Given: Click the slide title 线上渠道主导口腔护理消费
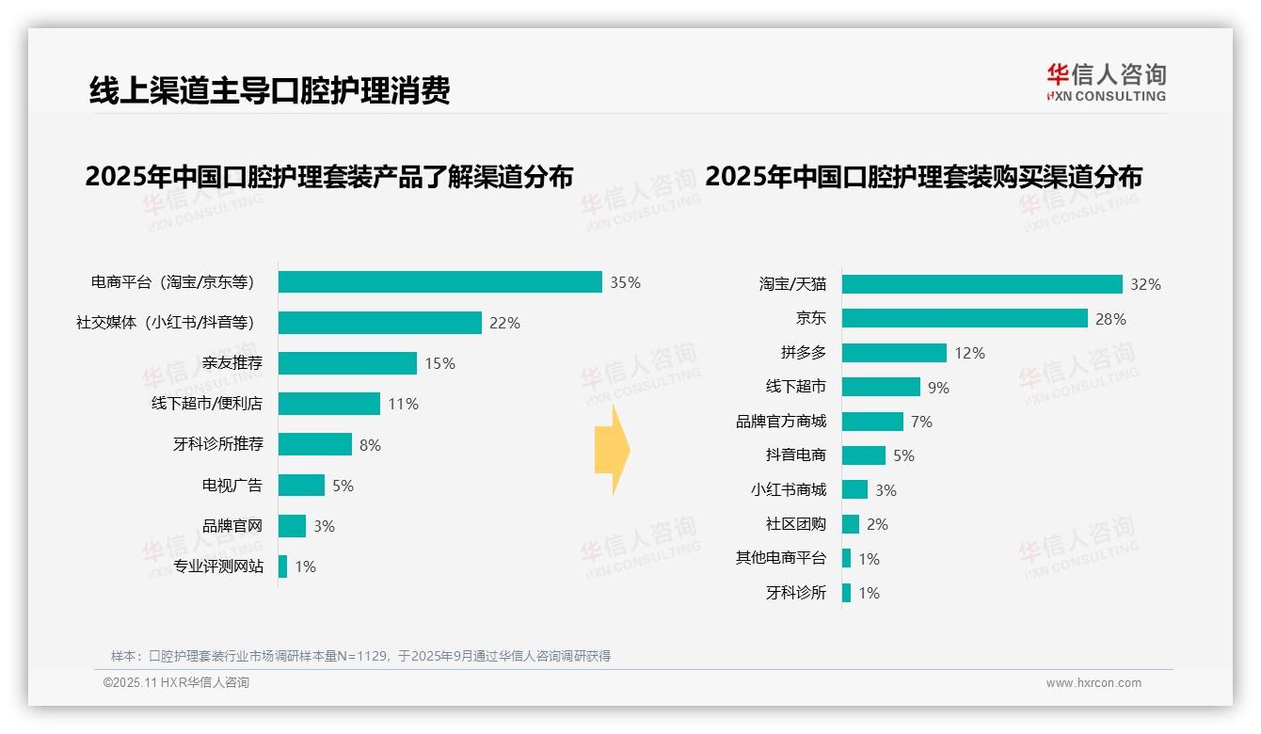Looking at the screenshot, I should tap(269, 90).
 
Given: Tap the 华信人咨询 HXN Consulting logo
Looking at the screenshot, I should tap(1106, 83).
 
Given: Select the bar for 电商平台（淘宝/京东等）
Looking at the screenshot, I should tap(439, 282).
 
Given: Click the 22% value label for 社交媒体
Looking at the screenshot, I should tap(504, 323).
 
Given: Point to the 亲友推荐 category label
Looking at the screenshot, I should tap(232, 363).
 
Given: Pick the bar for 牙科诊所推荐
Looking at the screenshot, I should tap(315, 444).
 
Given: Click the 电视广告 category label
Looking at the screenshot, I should tap(232, 486).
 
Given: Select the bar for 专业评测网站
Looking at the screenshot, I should tap(283, 566).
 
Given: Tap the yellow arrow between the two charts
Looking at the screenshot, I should tap(612, 450).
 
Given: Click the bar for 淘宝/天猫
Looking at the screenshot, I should tap(982, 284).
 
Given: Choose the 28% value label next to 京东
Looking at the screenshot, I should tap(1110, 319).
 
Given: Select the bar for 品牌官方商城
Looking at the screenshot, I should tap(872, 422).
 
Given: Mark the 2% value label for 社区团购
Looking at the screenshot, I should tap(877, 524).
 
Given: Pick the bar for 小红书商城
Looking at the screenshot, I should tap(854, 489).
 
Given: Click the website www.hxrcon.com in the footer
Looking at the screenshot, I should tap(1093, 683).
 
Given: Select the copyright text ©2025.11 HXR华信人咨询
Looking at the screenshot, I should tap(176, 683).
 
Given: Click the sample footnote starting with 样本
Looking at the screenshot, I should tap(360, 656).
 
